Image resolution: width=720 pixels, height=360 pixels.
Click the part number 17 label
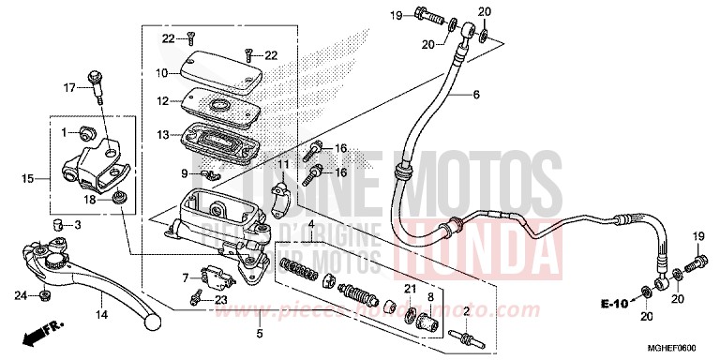(67, 88)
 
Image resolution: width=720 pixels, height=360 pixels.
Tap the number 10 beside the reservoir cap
(161, 72)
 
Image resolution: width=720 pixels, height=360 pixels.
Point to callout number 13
(161, 135)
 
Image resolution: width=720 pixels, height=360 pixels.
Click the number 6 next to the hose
(475, 94)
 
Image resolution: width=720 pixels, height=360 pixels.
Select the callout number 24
(19, 296)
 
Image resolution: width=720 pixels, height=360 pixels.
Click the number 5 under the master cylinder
(260, 333)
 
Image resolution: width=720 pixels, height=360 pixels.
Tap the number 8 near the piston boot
(430, 297)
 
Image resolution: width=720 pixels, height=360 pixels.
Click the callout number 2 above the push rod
(466, 311)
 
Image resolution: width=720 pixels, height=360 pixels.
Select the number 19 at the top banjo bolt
(395, 14)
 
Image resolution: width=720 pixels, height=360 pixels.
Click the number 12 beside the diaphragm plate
(161, 100)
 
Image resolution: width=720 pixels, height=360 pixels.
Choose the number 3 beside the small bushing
(78, 225)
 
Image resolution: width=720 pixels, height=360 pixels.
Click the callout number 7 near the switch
(186, 277)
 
